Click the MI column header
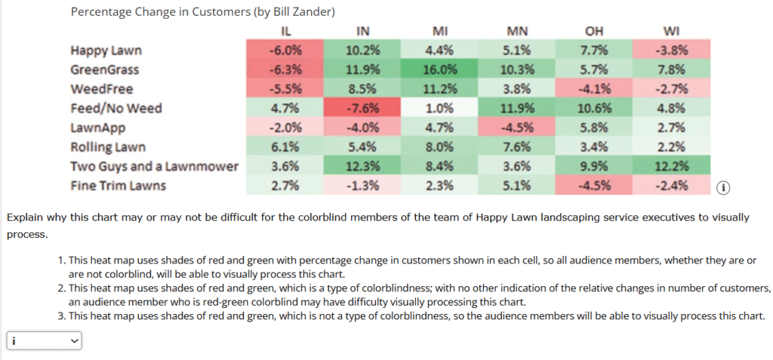coord(440,32)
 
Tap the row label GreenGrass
coord(105,70)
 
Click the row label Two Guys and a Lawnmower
coord(154,166)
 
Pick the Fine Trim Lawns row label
coord(118,186)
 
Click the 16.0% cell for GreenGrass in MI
coord(440,70)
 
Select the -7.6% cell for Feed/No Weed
coord(363,109)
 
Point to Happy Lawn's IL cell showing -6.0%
coord(285,51)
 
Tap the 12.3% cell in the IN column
coord(363,166)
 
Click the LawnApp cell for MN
coord(517,128)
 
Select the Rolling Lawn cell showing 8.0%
coord(440,147)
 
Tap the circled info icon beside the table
coord(724,187)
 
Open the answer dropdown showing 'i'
coord(44,341)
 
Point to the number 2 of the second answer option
coord(60,288)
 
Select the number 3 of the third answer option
coord(60,316)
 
